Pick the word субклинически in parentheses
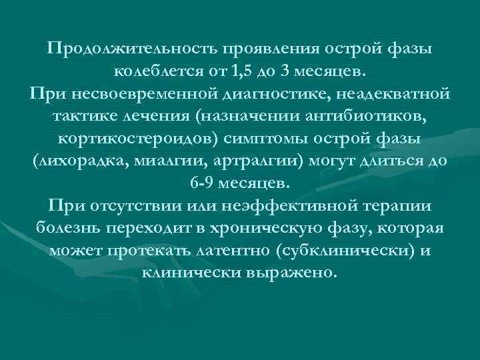(x=337, y=253)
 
